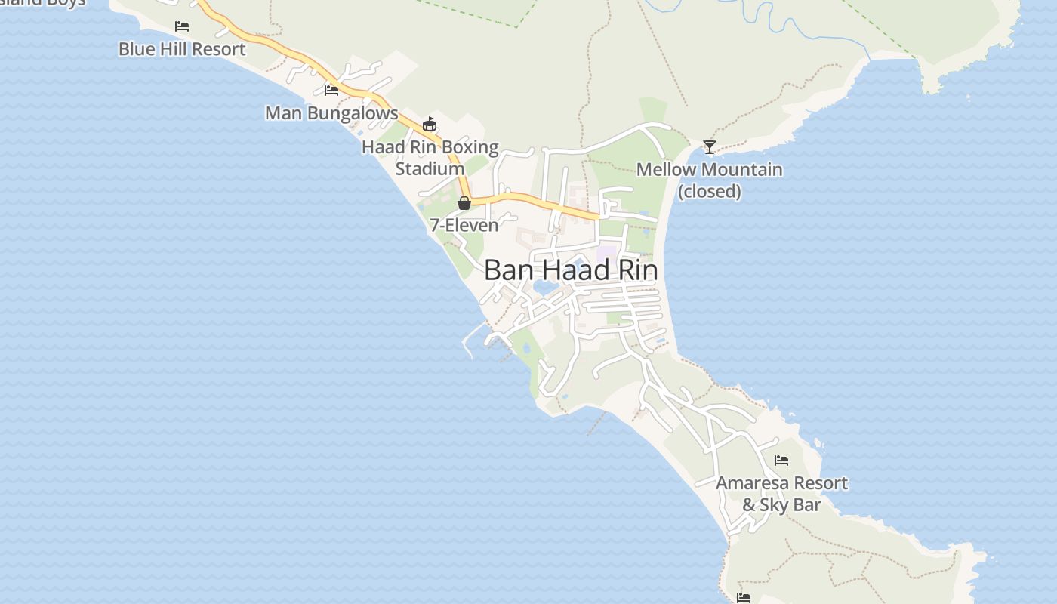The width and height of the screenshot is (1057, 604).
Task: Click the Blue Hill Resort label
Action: click(x=182, y=49)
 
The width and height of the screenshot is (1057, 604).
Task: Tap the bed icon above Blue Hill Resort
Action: click(x=182, y=26)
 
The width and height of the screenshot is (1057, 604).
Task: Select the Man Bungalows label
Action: click(x=331, y=113)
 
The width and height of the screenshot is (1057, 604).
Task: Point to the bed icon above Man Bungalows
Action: click(x=331, y=91)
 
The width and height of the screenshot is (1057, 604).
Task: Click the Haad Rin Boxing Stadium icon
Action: click(x=430, y=124)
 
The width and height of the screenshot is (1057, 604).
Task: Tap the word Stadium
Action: click(x=430, y=168)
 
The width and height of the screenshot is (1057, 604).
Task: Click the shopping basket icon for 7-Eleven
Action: click(x=464, y=203)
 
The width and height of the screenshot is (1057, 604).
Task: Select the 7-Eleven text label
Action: click(x=464, y=225)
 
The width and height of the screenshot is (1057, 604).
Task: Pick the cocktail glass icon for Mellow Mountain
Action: click(x=710, y=146)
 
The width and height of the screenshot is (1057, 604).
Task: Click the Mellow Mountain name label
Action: click(x=710, y=169)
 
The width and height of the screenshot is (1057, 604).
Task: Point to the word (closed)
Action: click(x=710, y=191)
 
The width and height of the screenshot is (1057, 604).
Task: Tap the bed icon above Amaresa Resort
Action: click(x=781, y=460)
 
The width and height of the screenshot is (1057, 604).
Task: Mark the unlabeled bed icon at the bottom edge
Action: click(x=744, y=598)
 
